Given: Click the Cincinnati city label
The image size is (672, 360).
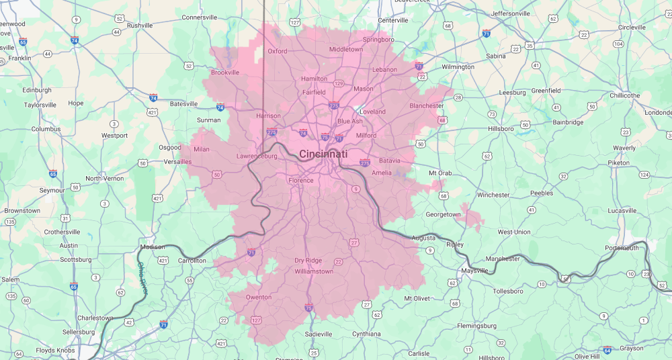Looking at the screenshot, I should click(x=323, y=154).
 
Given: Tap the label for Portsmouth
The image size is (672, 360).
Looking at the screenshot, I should click(x=622, y=248).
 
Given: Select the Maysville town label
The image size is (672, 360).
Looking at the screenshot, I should click(x=474, y=271).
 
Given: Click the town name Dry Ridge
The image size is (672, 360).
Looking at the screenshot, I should click(x=308, y=261).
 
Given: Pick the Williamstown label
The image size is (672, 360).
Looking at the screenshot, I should click(x=313, y=272).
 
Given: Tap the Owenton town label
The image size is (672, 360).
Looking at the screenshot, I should click(x=259, y=297).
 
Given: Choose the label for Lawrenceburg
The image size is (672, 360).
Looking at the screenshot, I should click(x=257, y=156).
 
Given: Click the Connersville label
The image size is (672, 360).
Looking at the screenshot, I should click(x=200, y=17).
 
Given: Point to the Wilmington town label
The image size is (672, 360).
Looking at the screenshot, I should click(x=458, y=67).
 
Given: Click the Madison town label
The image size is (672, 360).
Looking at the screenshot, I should click(x=152, y=247).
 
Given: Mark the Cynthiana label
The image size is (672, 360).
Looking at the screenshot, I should click(x=366, y=334).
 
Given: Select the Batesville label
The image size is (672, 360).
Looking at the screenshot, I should click(x=183, y=104).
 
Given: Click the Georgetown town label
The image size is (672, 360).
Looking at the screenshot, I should click(x=444, y=215).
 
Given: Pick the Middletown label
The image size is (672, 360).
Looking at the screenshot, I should click(x=346, y=49).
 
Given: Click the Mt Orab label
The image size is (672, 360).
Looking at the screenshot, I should click(x=440, y=173).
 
